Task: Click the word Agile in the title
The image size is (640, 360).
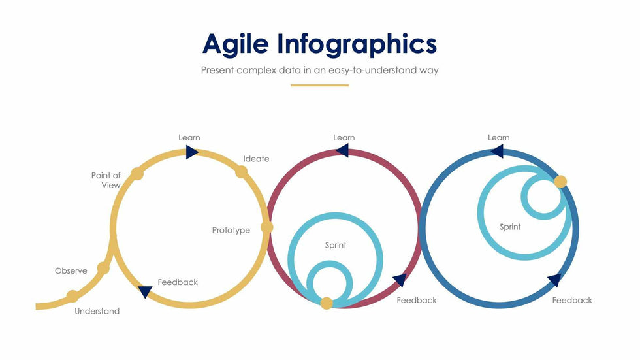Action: tap(236, 44)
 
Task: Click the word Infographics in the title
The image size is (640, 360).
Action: tap(357, 44)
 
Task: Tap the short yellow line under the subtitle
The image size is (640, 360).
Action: tap(319, 86)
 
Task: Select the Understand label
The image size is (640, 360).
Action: tap(97, 312)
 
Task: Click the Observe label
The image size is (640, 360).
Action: tap(71, 271)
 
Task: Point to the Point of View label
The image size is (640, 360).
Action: tap(106, 180)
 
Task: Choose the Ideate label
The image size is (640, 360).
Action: tap(256, 159)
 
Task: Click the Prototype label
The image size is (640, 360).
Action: tap(231, 230)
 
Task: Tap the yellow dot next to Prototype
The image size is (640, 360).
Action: tap(267, 227)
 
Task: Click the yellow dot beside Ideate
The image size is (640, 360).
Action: tap(241, 172)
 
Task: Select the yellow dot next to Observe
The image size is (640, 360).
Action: tap(103, 268)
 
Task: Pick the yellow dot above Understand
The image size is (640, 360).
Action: tap(72, 297)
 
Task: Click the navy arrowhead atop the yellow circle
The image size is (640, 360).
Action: tap(192, 152)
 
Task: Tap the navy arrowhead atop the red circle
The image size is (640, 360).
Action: tap(342, 151)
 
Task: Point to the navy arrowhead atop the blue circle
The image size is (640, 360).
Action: tap(497, 152)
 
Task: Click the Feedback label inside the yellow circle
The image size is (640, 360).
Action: tap(178, 282)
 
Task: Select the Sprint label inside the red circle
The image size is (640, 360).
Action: tap(336, 245)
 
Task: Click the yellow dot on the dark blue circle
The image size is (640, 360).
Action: tap(560, 182)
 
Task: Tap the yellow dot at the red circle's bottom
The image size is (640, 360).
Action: tap(326, 303)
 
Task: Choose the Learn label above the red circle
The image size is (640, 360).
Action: tap(344, 138)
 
